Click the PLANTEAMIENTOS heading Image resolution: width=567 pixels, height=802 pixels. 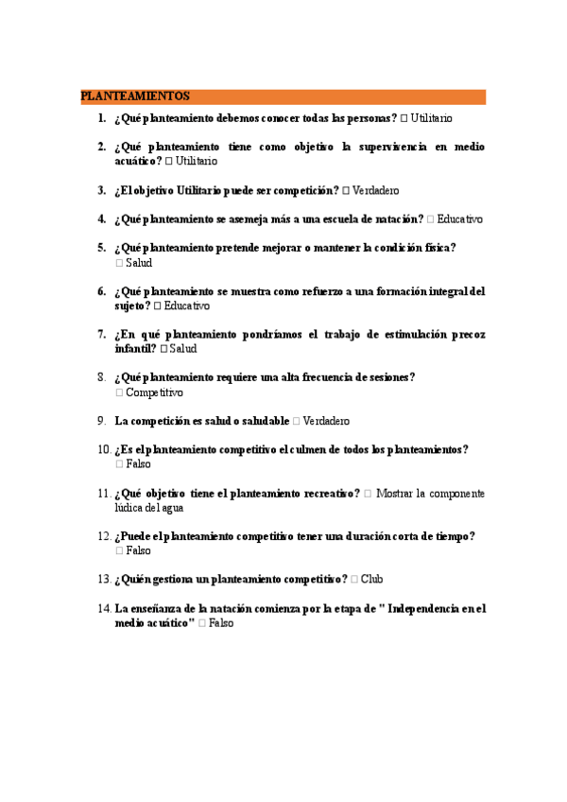click(135, 96)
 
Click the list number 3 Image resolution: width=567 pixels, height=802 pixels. click(101, 190)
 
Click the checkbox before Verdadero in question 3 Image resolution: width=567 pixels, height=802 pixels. click(346, 190)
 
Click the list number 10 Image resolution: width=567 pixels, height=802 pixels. click(103, 450)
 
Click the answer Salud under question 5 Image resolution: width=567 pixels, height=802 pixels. click(139, 263)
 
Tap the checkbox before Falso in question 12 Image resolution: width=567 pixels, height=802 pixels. click(119, 550)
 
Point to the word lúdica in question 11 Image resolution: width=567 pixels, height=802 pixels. click(129, 508)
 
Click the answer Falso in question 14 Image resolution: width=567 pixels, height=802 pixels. click(220, 623)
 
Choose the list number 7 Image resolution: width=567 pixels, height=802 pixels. click(101, 335)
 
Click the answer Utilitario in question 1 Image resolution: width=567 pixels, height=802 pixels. click(432, 118)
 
